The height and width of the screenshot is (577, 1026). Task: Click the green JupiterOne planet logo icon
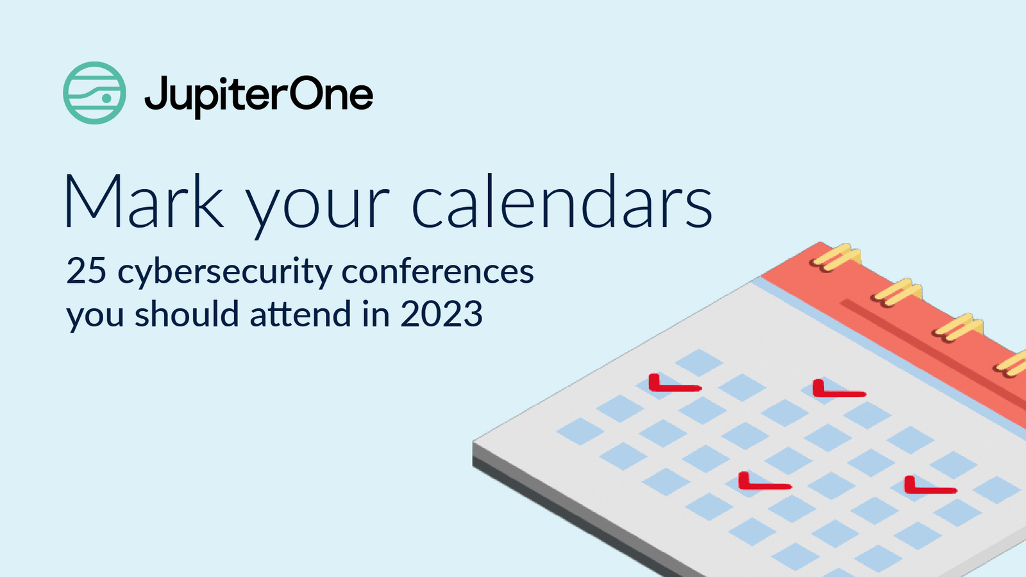coord(94,93)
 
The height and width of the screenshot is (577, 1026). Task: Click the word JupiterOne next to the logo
coord(258,95)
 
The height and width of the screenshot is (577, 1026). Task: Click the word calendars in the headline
coord(561,203)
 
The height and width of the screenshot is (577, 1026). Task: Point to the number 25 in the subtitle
coord(86,271)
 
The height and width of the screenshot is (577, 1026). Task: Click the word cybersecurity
coord(224,272)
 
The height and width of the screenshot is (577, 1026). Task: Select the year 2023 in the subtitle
coord(441,314)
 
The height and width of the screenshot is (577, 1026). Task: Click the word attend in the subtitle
coord(301,314)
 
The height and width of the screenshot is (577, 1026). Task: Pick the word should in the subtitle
coord(187,314)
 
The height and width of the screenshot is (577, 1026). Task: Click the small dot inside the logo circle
coord(107,98)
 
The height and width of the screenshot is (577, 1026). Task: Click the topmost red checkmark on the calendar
coord(673,384)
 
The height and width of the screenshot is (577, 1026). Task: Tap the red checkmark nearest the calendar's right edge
coord(929,487)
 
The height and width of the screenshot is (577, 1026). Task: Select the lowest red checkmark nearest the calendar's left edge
coord(763,482)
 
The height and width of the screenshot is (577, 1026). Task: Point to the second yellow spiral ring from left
coord(897,292)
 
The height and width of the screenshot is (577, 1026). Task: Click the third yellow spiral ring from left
coord(957,328)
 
